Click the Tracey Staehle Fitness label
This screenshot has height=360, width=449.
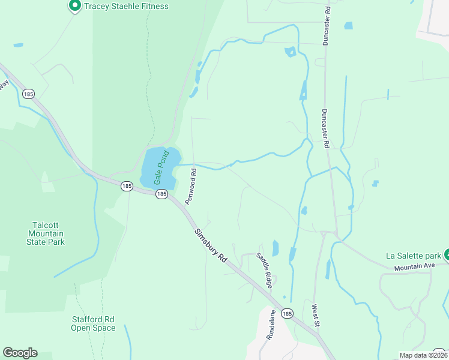pos(126,7)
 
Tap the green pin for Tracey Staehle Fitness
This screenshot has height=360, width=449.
pos(75,6)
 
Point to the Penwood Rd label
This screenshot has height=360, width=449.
pos(191,187)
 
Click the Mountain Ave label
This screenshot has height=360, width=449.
pos(414,266)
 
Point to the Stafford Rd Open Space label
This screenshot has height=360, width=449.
pos(93,323)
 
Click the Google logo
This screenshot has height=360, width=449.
pos(20,353)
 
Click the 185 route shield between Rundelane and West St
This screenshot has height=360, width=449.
pos(287,314)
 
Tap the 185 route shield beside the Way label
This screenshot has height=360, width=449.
pos(28,94)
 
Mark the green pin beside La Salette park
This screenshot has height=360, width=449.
pos(447,254)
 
